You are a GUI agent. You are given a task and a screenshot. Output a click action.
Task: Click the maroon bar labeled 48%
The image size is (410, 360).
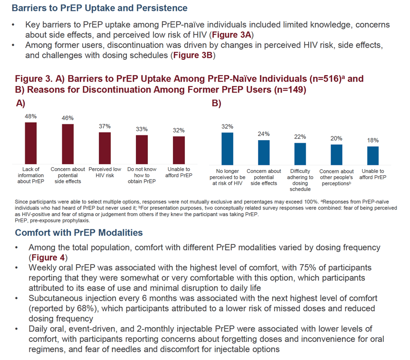tap(30, 143)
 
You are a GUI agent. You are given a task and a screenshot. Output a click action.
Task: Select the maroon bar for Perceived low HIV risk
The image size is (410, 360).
tap(105, 148)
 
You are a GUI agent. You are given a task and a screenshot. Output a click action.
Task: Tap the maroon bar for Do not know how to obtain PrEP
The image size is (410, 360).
tap(142, 150)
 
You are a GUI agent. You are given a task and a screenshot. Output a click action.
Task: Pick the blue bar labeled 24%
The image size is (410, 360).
tap(264, 152)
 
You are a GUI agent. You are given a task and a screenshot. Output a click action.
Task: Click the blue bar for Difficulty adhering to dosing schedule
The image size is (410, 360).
tap(300, 154)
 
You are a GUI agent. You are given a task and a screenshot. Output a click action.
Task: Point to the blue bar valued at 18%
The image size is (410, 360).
tap(373, 156)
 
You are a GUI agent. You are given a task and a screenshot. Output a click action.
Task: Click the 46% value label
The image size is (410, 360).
tap(67, 118)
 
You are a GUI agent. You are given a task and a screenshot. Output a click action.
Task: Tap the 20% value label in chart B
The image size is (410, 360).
tap(336, 139)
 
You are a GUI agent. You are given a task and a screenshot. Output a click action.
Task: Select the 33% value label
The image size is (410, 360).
tap(142, 129)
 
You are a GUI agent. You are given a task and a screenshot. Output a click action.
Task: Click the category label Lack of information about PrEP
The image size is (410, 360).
tap(30, 175)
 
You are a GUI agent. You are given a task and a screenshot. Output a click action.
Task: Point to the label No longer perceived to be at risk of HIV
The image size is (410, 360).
tap(227, 177)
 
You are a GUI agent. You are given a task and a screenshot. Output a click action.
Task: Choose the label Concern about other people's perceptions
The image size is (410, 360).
tap(336, 177)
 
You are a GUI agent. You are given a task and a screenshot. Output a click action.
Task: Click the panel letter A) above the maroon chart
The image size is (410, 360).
tap(20, 103)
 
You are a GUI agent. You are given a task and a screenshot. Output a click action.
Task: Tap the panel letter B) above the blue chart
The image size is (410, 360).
tap(216, 103)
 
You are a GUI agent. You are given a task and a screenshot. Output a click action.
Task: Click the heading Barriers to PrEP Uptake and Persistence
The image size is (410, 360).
tap(100, 8)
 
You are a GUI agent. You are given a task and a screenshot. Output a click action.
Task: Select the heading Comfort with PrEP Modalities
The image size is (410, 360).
tap(79, 233)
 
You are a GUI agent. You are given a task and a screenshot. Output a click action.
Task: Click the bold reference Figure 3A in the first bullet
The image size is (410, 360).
tap(231, 35)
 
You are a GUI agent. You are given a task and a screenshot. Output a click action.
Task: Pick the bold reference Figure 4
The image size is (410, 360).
tap(48, 257)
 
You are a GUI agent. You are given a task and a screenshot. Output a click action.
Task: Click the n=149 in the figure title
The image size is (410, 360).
tap(290, 90)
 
